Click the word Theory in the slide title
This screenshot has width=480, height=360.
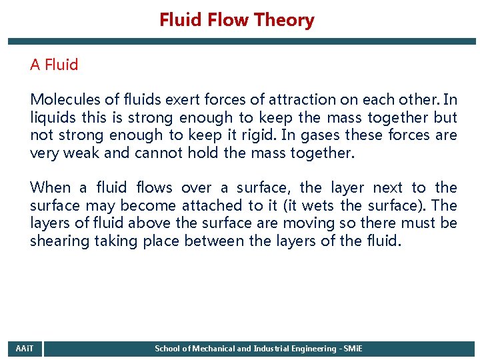pos(288,20)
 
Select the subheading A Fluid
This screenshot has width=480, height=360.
pos(54,65)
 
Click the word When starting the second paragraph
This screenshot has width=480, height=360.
pos(50,188)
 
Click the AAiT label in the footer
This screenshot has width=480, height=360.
pos(24,349)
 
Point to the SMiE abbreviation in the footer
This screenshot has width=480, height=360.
pos(351,349)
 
